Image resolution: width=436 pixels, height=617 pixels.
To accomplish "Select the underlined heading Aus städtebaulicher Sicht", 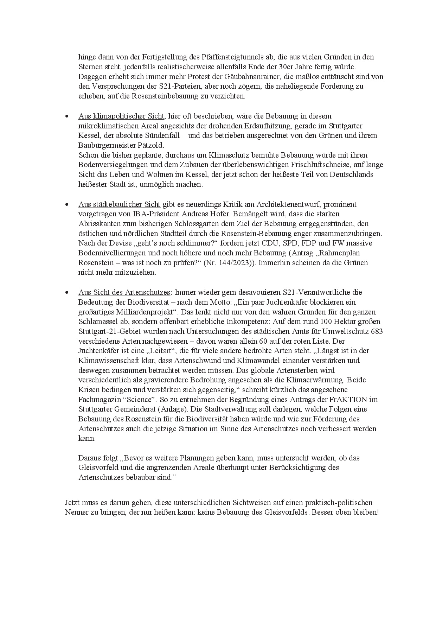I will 119,204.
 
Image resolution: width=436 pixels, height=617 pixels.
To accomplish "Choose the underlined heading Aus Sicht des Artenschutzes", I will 124,292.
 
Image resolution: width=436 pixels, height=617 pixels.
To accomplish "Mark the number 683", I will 377,331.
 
